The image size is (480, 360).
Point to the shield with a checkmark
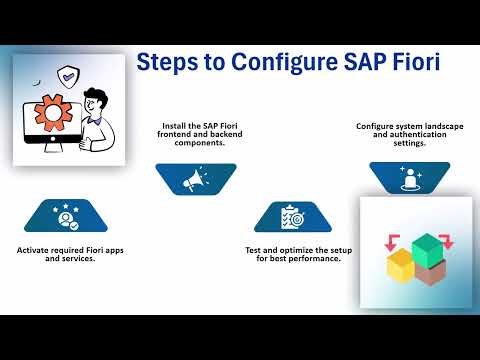69,73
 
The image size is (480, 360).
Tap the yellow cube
401,265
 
